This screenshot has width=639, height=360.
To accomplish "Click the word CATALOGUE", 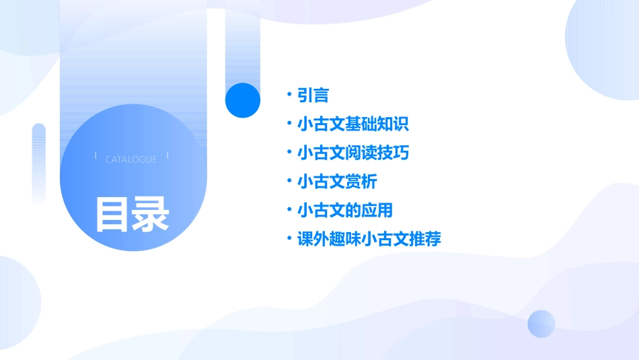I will (131, 159).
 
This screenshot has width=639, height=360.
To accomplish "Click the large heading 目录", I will (132, 214).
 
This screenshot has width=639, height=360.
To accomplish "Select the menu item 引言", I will (313, 96).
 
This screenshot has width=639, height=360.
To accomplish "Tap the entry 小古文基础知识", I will (353, 124).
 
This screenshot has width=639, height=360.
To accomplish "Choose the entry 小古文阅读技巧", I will (353, 153).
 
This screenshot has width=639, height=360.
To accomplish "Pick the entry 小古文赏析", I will (337, 182).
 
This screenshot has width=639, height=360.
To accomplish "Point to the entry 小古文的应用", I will (345, 211).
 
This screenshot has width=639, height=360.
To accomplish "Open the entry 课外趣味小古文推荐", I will (369, 239).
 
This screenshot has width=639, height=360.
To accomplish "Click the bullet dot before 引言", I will (288, 95).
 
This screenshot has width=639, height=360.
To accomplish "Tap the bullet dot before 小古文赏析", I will (288, 181).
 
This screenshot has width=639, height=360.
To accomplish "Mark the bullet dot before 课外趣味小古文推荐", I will (288, 238).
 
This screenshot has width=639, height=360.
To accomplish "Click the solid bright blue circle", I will (243, 100).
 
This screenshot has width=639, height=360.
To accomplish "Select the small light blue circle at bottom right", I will (541, 324).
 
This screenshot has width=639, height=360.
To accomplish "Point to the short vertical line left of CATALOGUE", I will (96, 155).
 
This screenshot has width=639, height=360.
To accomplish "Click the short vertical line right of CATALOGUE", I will (167, 155).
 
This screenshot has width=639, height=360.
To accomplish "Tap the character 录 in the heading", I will (151, 214).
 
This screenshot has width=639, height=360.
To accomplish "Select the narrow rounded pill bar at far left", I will (39, 161).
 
